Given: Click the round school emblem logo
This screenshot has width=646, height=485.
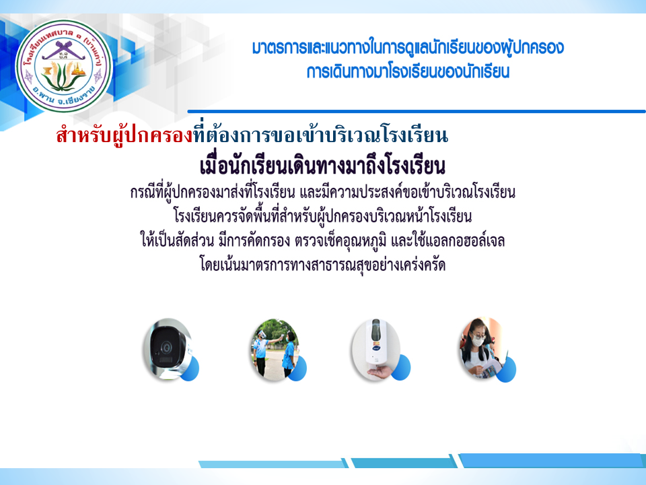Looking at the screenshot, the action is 64,66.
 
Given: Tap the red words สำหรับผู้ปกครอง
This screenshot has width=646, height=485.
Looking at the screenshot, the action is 124,135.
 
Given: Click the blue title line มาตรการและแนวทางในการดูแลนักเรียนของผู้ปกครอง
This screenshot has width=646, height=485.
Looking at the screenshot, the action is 408,48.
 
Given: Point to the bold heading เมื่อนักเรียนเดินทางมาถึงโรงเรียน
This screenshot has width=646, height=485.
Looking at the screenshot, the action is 322,166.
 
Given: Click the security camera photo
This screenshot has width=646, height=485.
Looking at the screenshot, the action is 168,349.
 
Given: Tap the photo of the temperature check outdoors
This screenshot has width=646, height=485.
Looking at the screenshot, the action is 275,349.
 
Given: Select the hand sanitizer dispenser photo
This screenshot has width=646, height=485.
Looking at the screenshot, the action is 376,349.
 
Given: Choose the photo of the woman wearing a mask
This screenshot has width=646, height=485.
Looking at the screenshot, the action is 484,348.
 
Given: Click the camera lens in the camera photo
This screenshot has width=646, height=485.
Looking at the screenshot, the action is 166,348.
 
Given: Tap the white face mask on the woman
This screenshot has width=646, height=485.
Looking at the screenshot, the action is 478,342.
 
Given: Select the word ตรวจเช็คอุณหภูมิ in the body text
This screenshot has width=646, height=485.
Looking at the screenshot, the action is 340,241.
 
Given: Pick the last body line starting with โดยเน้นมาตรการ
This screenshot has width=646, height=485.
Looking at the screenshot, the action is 322,264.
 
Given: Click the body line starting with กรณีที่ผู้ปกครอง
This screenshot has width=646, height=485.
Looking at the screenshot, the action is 322,192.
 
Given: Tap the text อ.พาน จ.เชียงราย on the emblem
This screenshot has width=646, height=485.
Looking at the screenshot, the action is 64,96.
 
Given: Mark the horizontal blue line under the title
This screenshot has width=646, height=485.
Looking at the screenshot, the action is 417,111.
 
